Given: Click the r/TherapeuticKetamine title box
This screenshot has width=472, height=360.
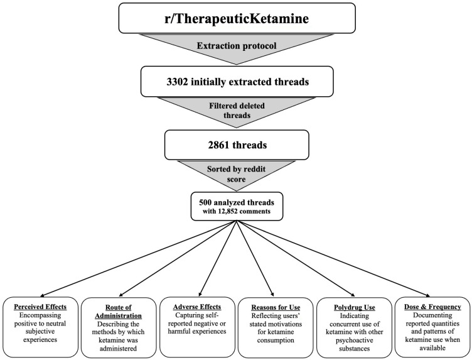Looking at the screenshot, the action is pyautogui.click(x=237, y=18).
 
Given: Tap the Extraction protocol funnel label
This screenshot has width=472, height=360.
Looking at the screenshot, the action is pyautogui.click(x=236, y=46).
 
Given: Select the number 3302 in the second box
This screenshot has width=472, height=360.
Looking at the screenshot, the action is pyautogui.click(x=177, y=82).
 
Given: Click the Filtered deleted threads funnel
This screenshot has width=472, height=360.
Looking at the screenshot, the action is pyautogui.click(x=237, y=111).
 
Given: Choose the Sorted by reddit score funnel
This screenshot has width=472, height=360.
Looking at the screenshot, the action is pyautogui.click(x=236, y=175).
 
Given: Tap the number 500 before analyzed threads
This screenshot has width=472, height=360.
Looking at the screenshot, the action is pyautogui.click(x=205, y=202).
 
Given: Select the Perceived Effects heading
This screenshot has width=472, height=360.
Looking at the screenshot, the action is pyautogui.click(x=40, y=307).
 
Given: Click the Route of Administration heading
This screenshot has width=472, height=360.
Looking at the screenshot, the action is pyautogui.click(x=118, y=312).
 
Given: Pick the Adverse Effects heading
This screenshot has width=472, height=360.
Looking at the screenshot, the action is pyautogui.click(x=197, y=307).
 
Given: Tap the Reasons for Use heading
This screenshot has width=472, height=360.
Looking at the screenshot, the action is pyautogui.click(x=276, y=307).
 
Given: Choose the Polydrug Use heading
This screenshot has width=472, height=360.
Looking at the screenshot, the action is pyautogui.click(x=355, y=307).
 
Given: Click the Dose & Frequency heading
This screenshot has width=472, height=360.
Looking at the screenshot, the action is pyautogui.click(x=432, y=307).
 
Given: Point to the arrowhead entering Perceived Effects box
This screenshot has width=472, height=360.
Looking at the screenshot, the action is pyautogui.click(x=42, y=295).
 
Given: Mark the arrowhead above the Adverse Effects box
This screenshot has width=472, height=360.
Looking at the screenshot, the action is pyautogui.click(x=200, y=294).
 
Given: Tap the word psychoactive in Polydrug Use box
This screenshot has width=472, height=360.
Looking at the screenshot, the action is pyautogui.click(x=355, y=340).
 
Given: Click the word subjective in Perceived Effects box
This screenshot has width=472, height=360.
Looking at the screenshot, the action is pyautogui.click(x=40, y=331).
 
